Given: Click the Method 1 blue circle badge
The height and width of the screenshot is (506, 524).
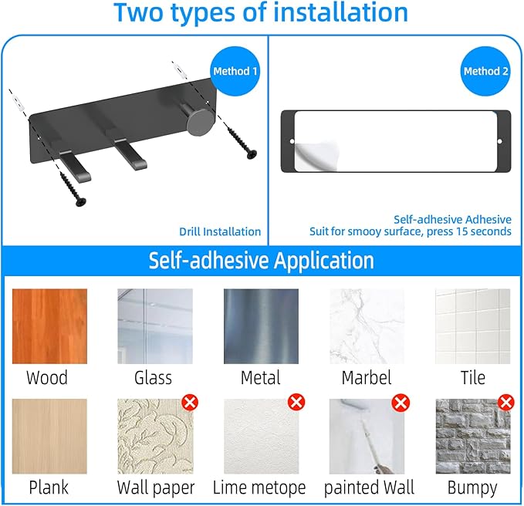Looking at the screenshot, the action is pyautogui.click(x=235, y=71).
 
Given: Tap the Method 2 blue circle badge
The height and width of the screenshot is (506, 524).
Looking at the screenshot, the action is pyautogui.click(x=485, y=71).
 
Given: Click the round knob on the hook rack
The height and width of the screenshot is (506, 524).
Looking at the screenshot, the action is pyautogui.click(x=200, y=122).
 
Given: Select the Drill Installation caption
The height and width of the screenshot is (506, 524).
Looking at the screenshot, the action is pyautogui.click(x=220, y=231).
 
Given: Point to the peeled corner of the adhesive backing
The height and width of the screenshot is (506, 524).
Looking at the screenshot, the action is pyautogui.click(x=316, y=156).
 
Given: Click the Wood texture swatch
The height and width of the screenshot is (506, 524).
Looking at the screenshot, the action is pyautogui.click(x=49, y=326).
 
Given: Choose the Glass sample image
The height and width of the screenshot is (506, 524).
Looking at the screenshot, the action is pyautogui.click(x=155, y=326).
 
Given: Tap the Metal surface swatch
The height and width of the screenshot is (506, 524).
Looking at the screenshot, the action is pyautogui.click(x=261, y=326).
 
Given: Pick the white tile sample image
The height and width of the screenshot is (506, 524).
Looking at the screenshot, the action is pyautogui.click(x=473, y=326).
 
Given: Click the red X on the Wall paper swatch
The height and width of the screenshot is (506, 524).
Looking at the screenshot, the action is pyautogui.click(x=190, y=402).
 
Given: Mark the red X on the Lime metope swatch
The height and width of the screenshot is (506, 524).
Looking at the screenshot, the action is pyautogui.click(x=296, y=402).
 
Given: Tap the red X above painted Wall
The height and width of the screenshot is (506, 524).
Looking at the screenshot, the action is pyautogui.click(x=401, y=402).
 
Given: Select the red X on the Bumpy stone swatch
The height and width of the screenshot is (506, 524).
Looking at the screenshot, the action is pyautogui.click(x=506, y=402).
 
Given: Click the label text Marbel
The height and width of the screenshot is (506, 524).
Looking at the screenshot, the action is pyautogui.click(x=367, y=378).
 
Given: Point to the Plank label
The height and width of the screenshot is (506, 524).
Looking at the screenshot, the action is pyautogui.click(x=49, y=487).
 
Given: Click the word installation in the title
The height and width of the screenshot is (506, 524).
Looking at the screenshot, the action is pyautogui.click(x=341, y=12).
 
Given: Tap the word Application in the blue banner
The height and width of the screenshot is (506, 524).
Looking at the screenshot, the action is pyautogui.click(x=324, y=261).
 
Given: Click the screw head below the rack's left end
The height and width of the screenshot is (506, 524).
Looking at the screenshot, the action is pyautogui.click(x=80, y=201).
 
